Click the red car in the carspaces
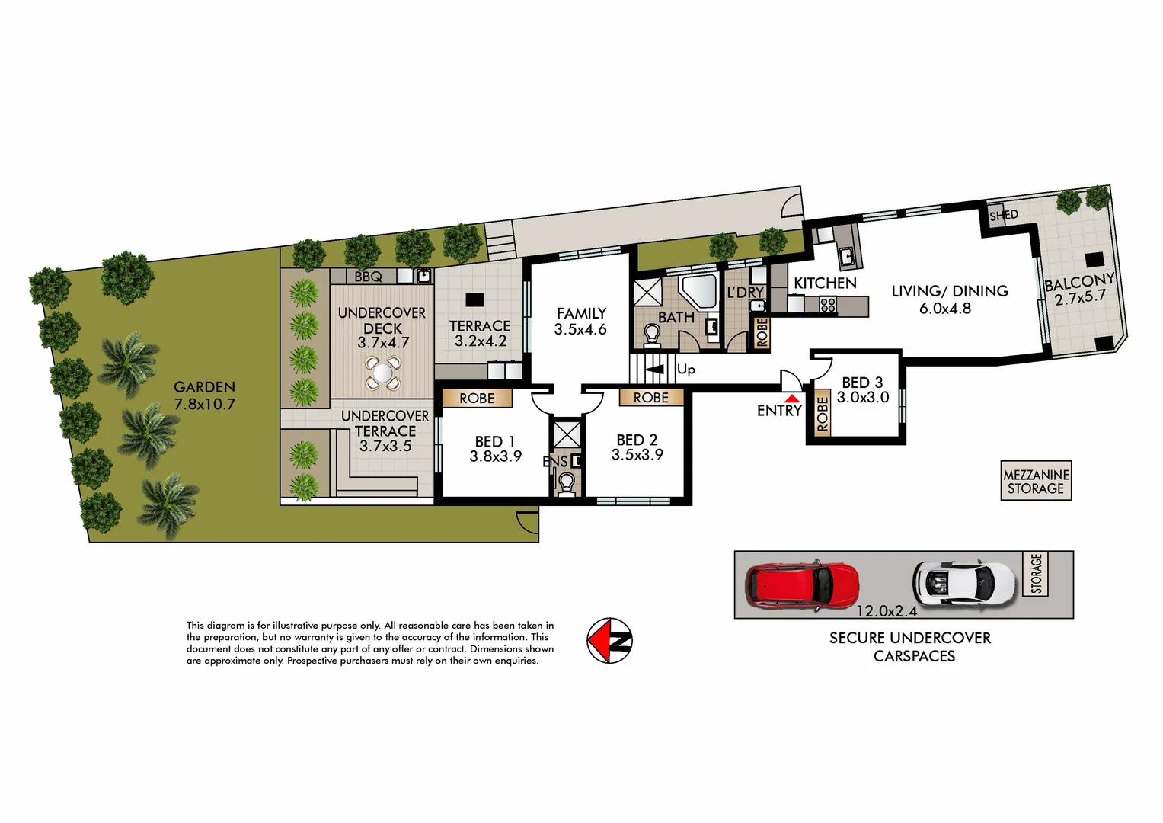click(x=802, y=584)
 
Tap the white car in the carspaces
click(x=964, y=583)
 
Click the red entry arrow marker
click(x=792, y=398)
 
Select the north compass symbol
click(x=609, y=640)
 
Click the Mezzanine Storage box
click(x=1036, y=481)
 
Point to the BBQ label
click(x=368, y=277)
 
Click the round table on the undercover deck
click(x=382, y=374)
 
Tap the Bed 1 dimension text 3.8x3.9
click(x=495, y=456)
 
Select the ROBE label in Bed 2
click(x=650, y=398)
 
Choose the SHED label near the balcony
click(x=1003, y=216)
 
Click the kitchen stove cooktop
click(x=828, y=306)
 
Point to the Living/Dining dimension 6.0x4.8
click(x=944, y=309)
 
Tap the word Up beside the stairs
click(x=685, y=370)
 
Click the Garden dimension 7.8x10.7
click(x=205, y=405)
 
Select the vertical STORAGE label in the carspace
click(x=1036, y=574)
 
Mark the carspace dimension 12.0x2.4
click(x=887, y=611)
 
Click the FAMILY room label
click(x=581, y=313)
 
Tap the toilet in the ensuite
click(x=566, y=483)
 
